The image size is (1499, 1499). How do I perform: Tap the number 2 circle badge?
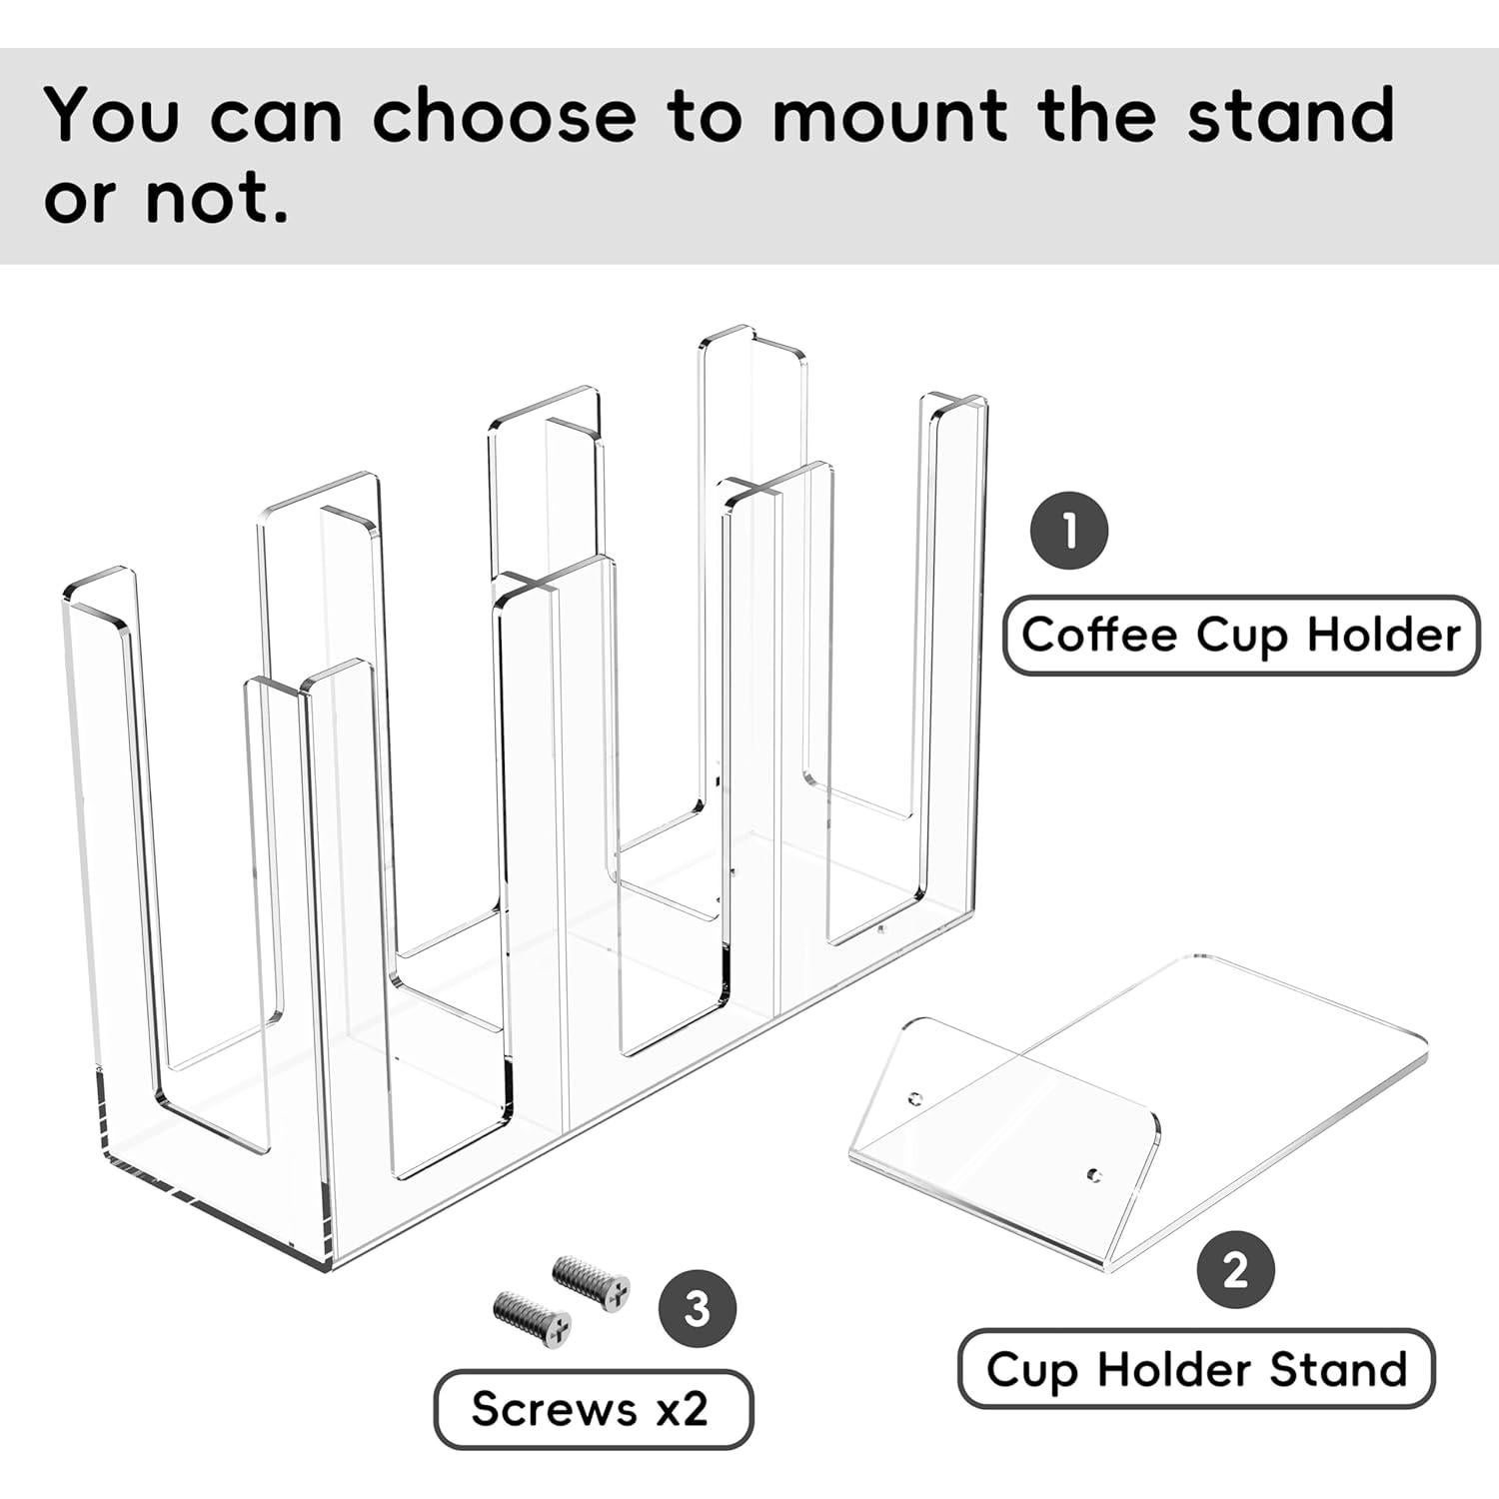[1236, 1271]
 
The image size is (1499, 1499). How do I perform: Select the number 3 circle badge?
[697, 1308]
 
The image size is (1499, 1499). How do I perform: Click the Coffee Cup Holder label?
[1240, 636]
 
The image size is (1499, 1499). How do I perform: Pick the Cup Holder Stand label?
[1196, 1369]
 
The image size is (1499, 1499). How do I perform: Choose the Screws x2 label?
[592, 1409]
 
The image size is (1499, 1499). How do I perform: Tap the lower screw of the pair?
[533, 1315]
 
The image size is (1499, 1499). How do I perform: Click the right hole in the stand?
[1095, 1174]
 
